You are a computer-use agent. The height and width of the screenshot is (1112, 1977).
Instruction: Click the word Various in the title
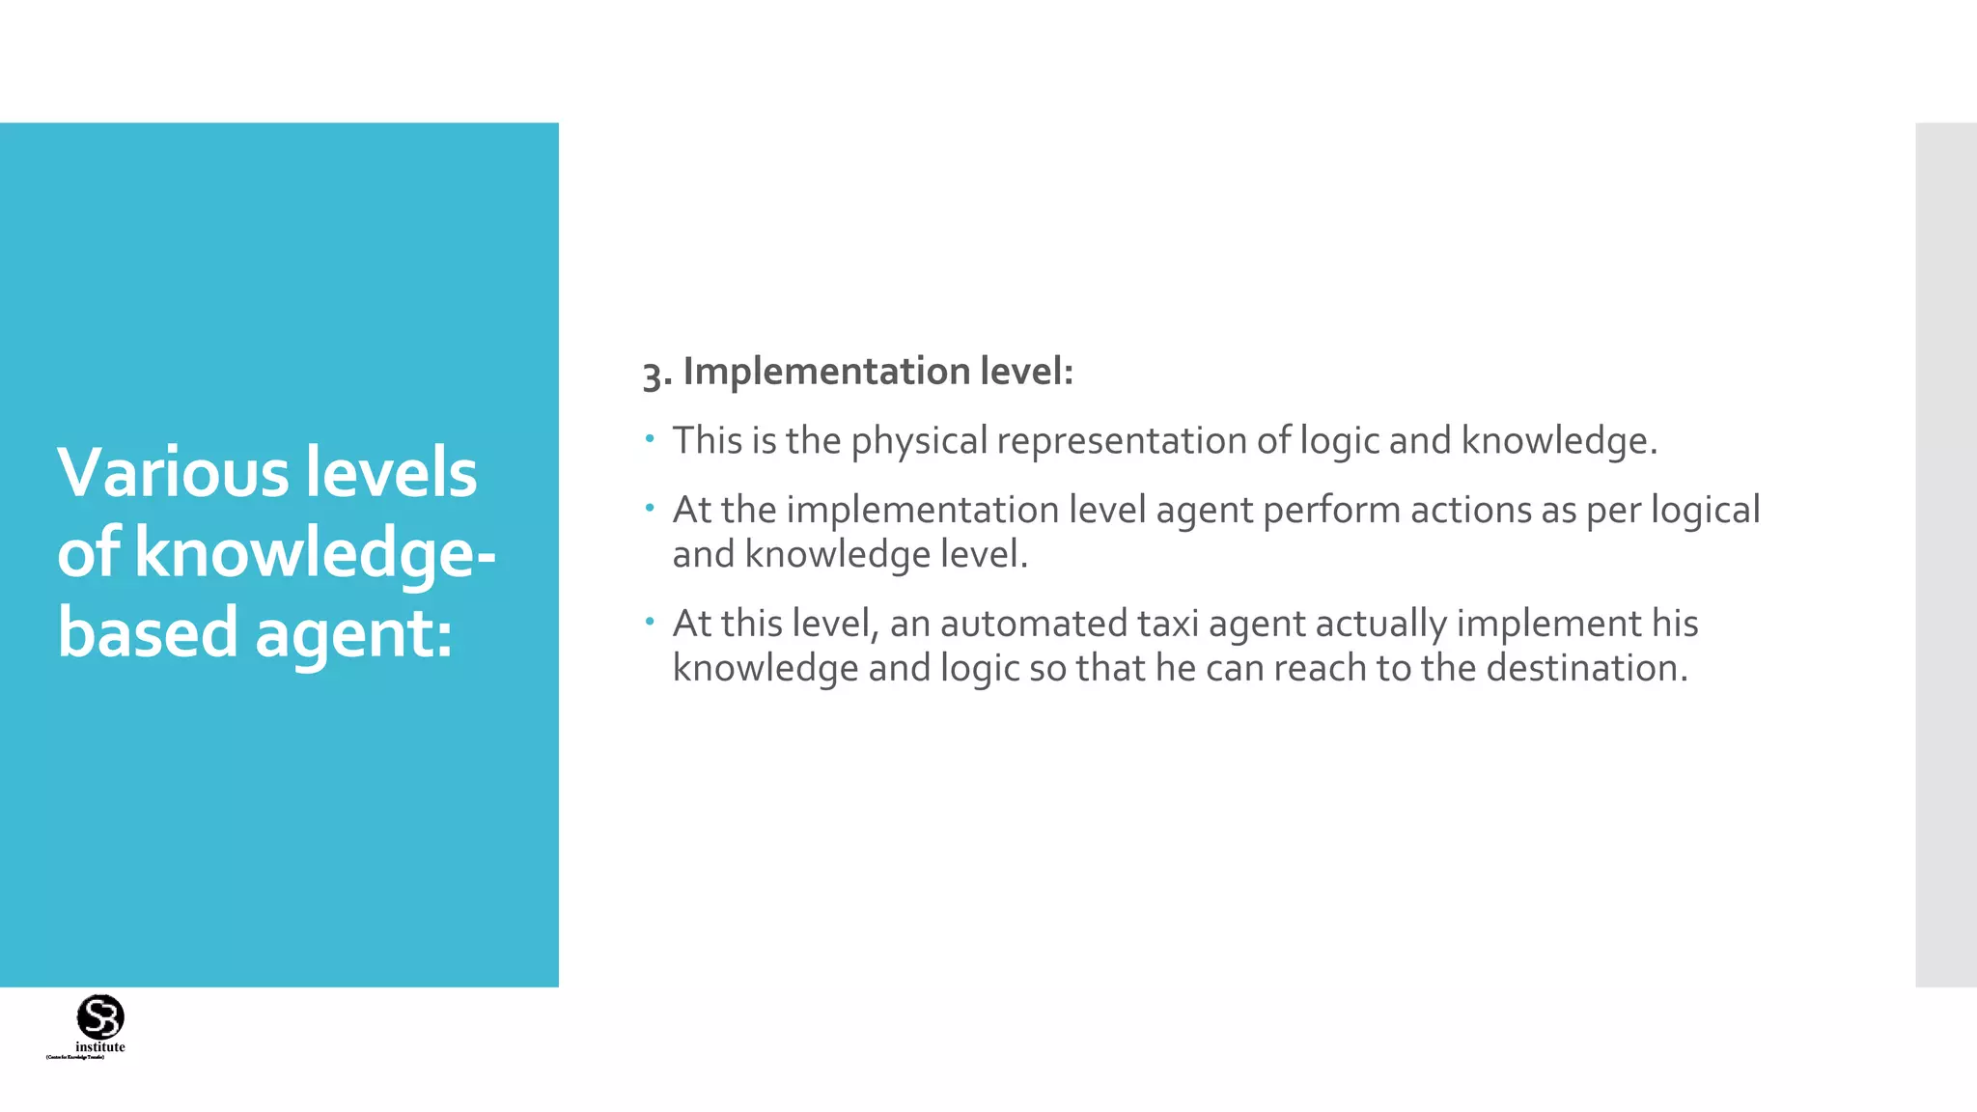coord(173,473)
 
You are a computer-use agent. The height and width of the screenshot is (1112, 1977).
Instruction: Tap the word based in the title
coord(147,633)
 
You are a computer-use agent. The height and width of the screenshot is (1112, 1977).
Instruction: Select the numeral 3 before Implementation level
coord(654,374)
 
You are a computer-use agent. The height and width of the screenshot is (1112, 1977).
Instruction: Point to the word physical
coord(919,441)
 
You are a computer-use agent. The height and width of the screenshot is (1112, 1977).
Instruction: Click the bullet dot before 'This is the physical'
coord(651,440)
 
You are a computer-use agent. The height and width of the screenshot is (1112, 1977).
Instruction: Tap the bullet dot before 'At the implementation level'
coord(651,509)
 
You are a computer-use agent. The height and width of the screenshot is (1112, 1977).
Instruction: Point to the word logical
coord(1705,510)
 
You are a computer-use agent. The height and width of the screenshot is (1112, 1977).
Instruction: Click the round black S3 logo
coord(100,1016)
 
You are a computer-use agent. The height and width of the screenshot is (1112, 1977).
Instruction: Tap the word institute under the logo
coord(100,1047)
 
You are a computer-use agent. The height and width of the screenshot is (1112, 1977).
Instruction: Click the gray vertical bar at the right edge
coord(1945,555)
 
